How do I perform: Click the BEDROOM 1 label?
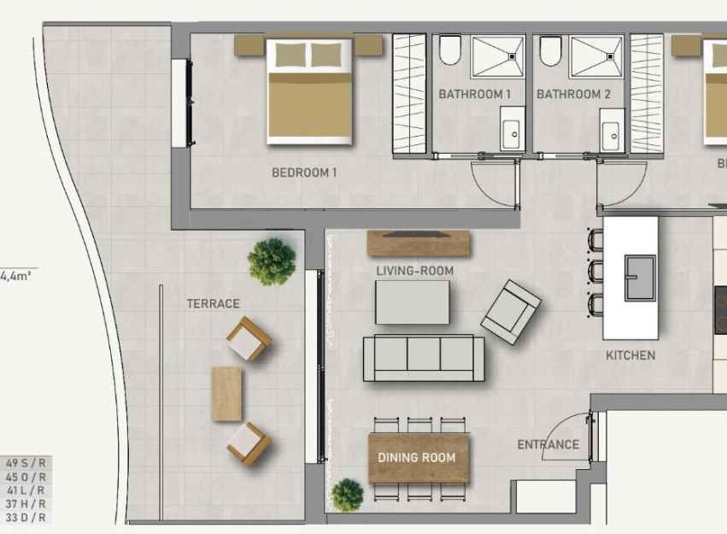[304, 173]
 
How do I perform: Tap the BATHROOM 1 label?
[474, 94]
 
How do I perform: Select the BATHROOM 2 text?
[573, 94]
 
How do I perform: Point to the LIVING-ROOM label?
[414, 271]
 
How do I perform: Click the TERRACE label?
[213, 303]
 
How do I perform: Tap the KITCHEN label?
[630, 355]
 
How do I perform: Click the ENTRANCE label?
[548, 444]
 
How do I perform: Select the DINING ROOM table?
[418, 458]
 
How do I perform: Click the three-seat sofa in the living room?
[424, 358]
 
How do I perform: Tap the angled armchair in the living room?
[511, 312]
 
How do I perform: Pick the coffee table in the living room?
[412, 302]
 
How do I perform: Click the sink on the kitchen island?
[640, 279]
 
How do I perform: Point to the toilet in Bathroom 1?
[451, 50]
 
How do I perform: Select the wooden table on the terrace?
[226, 394]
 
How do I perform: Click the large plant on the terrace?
[272, 261]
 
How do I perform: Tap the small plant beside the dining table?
[347, 495]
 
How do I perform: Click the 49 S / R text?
[26, 463]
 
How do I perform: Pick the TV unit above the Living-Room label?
[419, 243]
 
